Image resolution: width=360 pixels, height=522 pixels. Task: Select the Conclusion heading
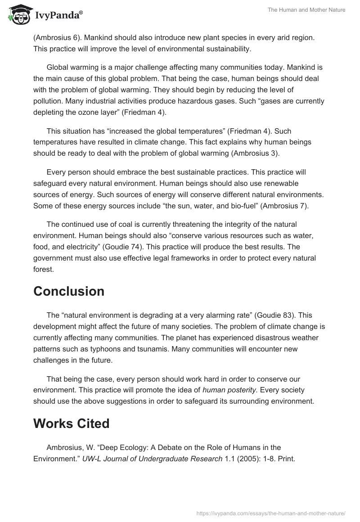[69, 291]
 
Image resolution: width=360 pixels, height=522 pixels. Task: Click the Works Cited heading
[71, 423]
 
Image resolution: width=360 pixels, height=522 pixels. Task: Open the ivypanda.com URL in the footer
[271, 513]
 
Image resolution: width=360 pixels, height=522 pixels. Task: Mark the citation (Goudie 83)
[270, 316]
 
